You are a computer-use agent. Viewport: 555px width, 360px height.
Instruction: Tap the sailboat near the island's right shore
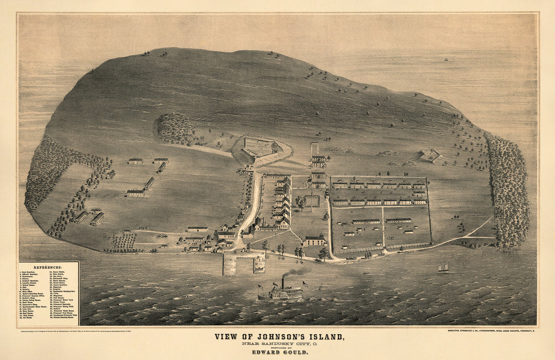click(443, 268)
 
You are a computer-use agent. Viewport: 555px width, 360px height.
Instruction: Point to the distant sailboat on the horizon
click(446, 60)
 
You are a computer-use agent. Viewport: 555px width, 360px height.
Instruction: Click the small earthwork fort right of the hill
click(430, 156)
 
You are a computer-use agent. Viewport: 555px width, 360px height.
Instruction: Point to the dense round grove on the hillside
click(175, 128)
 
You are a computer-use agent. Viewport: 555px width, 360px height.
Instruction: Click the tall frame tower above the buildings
click(315, 149)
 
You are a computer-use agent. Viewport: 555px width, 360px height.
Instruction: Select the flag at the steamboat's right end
click(305, 284)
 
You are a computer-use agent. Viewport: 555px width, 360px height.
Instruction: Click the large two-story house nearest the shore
click(315, 241)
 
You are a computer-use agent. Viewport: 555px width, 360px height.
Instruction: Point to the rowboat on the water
click(365, 273)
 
